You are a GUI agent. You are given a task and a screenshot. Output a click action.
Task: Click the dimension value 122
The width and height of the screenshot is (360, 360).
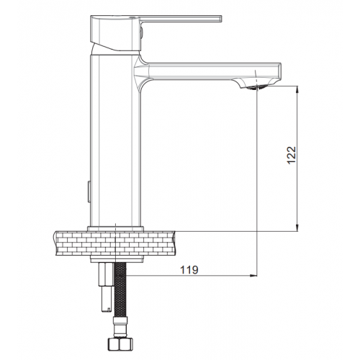(292, 155)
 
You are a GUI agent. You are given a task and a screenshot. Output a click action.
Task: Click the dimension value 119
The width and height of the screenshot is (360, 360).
(189, 270)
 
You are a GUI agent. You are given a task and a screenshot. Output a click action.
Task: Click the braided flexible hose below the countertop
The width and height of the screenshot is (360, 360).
(120, 289)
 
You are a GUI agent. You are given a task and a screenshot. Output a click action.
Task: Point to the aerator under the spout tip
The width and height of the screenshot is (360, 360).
(255, 88)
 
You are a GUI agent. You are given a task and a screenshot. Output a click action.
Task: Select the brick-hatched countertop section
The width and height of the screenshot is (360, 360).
(115, 243)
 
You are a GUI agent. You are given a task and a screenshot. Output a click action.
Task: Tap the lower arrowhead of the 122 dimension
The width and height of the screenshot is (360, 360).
(297, 228)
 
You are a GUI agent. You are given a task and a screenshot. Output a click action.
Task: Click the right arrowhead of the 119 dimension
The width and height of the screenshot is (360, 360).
(253, 276)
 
